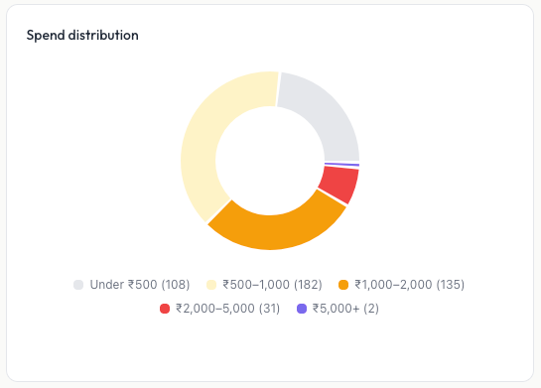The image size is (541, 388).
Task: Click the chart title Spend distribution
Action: (x=82, y=36)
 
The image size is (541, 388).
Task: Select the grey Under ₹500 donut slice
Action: (x=324, y=115)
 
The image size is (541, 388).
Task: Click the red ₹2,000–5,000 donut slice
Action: (x=338, y=185)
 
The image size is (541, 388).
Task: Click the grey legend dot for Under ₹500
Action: (x=78, y=285)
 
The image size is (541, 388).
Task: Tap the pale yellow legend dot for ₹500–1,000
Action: (x=210, y=285)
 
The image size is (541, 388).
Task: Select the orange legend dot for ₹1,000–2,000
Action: (x=343, y=285)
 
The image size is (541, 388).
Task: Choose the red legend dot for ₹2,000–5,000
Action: (x=165, y=309)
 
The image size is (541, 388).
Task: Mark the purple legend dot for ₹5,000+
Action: (x=302, y=309)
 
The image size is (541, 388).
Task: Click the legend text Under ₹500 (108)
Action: (x=139, y=285)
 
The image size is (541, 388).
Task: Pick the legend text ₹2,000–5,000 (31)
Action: (x=227, y=309)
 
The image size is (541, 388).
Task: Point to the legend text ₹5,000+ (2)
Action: (x=345, y=309)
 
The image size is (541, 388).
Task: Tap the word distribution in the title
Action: (x=104, y=36)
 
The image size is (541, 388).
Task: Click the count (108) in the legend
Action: (x=176, y=285)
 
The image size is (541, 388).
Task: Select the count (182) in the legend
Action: (x=308, y=285)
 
